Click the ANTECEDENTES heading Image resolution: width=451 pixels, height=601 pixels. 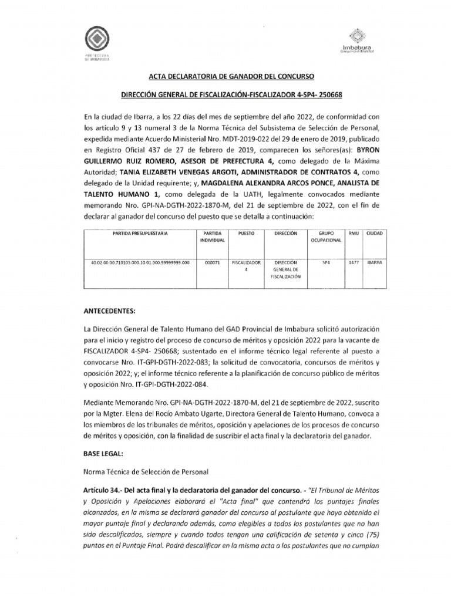point(110,310)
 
